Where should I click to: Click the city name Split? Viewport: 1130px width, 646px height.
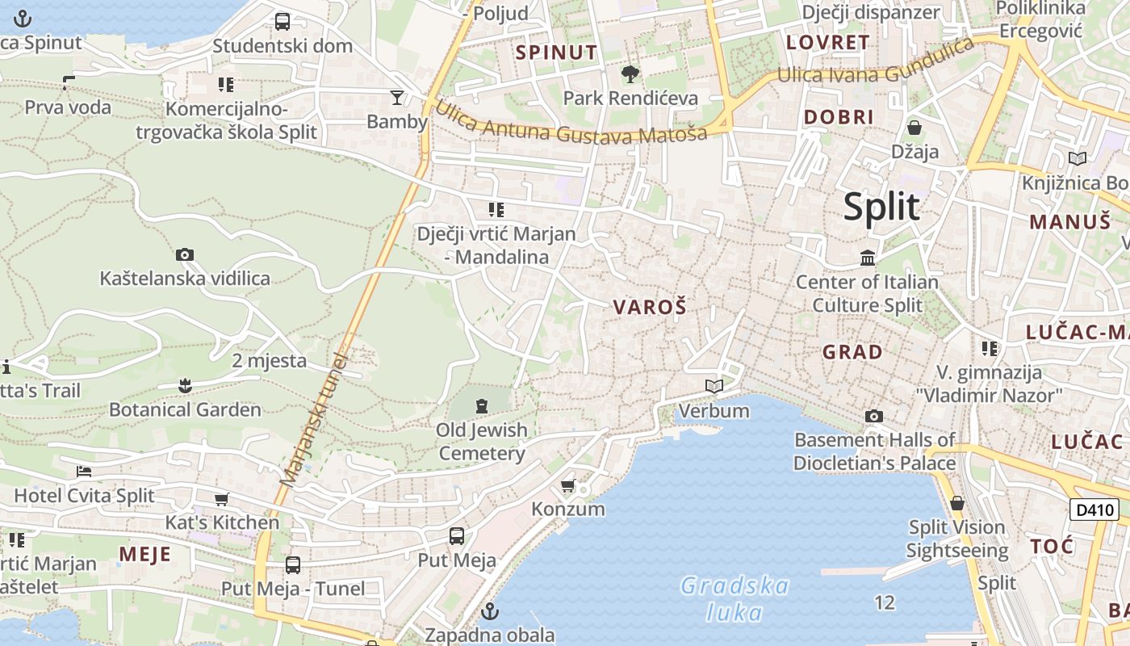(881, 207)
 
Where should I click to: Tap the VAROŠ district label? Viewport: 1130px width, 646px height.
(650, 307)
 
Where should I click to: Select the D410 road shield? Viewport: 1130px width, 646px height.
(1094, 510)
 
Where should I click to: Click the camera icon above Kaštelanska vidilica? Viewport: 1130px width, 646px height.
(185, 255)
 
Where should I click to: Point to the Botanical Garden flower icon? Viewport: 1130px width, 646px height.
(186, 385)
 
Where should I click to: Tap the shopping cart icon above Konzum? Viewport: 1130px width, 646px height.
(568, 485)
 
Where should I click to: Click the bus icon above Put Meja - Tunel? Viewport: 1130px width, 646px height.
(293, 565)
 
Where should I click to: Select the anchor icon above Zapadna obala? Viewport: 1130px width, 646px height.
(490, 610)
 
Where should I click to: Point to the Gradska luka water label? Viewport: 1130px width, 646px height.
(734, 598)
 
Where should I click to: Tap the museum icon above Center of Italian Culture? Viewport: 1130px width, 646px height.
(868, 258)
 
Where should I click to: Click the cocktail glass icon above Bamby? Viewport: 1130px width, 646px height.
(396, 99)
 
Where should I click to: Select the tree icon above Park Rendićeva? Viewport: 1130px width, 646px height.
(630, 74)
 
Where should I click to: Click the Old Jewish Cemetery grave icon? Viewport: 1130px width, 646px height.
(482, 405)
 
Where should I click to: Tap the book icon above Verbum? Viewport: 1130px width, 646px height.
(714, 387)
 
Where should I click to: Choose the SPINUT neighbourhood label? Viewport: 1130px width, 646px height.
(557, 53)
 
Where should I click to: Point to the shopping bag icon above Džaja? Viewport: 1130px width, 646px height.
(914, 128)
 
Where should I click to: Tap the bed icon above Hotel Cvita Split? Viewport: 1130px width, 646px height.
(84, 472)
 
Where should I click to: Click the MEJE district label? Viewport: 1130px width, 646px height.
(145, 555)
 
